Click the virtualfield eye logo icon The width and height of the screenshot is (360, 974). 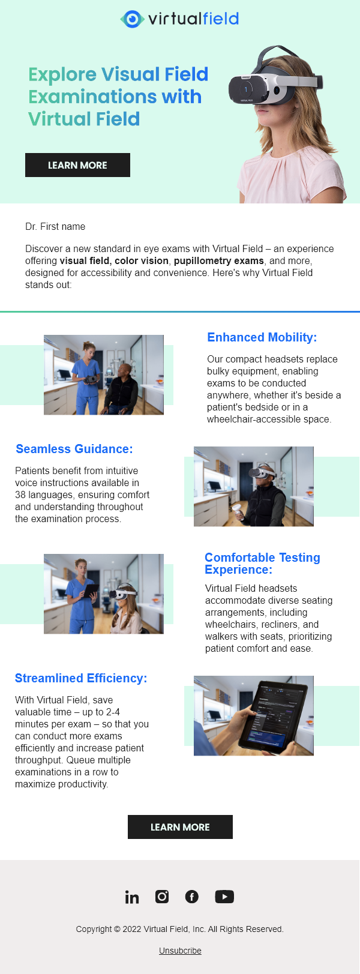click(132, 19)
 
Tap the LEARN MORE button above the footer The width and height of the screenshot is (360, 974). click(180, 826)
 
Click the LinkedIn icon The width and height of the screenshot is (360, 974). click(132, 897)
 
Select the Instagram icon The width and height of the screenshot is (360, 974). click(162, 896)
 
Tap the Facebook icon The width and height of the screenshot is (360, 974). click(192, 896)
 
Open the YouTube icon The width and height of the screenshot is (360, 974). click(224, 896)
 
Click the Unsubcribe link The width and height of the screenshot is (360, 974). click(180, 951)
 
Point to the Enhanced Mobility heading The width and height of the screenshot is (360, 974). click(262, 337)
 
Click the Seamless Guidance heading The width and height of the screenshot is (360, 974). click(74, 449)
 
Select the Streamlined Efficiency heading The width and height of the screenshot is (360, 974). click(81, 678)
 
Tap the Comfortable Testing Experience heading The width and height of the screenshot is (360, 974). click(262, 564)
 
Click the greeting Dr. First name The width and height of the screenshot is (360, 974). click(55, 226)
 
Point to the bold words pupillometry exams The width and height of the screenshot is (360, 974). click(218, 261)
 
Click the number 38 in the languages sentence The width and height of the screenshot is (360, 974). click(20, 495)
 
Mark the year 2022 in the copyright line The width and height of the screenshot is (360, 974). click(132, 929)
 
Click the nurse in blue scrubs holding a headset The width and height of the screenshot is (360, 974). click(88, 377)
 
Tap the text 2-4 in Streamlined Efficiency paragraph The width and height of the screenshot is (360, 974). click(113, 712)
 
